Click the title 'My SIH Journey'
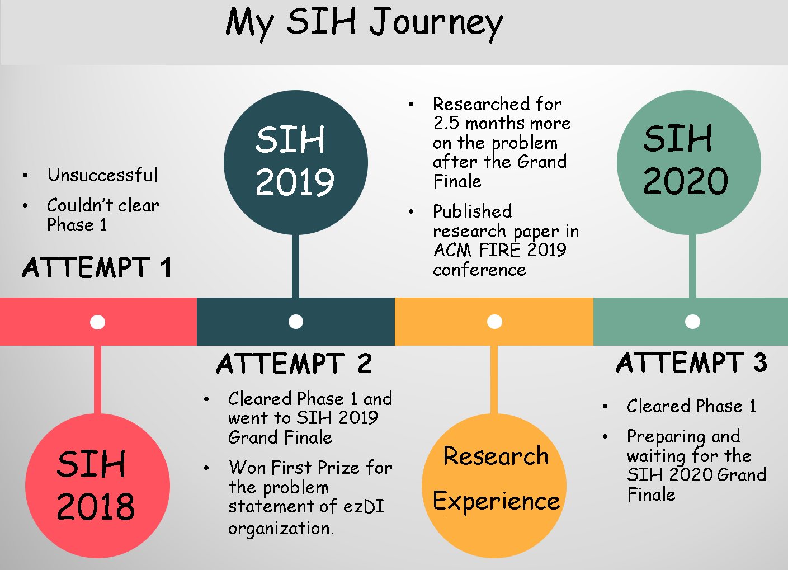[365, 24]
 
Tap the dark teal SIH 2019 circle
[296, 162]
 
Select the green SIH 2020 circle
[689, 162]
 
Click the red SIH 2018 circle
[97, 486]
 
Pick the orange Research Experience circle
[494, 486]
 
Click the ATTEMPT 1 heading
[97, 267]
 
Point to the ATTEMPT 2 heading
[294, 364]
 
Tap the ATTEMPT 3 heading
[692, 362]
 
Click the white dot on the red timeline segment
[97, 322]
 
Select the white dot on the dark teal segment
[296, 322]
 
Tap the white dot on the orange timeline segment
[494, 322]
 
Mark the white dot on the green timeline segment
[693, 322]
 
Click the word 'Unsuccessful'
[103, 175]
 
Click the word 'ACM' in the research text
[452, 250]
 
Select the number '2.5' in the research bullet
[446, 123]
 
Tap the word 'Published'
[473, 211]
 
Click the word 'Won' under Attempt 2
[247, 468]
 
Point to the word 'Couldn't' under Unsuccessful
[80, 205]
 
